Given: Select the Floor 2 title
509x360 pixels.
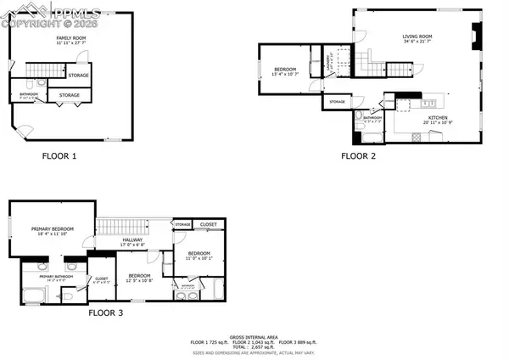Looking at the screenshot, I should pos(358,156).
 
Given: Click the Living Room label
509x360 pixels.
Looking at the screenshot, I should pos(417,37).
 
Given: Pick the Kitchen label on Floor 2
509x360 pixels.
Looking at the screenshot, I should pos(438,118).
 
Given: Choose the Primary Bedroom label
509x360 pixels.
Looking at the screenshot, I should pos(53,229).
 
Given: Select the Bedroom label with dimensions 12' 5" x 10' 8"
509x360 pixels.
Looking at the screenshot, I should pos(139,277).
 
